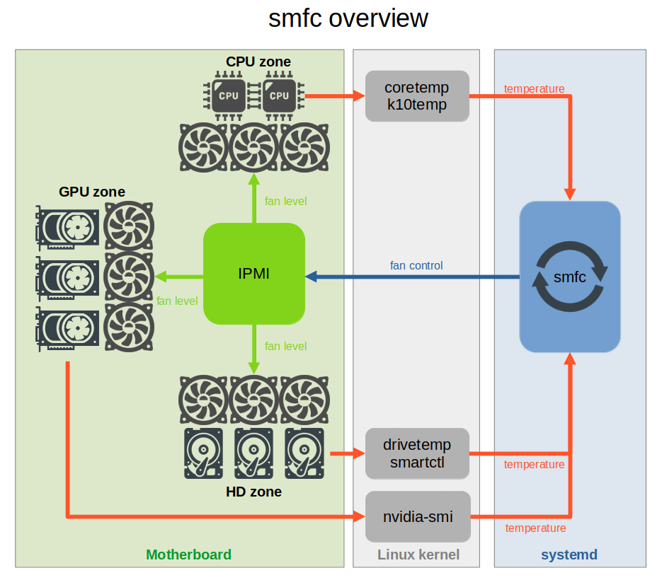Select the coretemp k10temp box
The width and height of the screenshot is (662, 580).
417,96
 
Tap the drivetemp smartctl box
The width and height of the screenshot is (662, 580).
417,453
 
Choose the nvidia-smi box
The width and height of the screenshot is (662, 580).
417,516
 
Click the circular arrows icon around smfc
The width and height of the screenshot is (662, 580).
569,277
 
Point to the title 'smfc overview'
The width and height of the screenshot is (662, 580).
348,18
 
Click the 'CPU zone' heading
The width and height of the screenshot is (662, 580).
258,62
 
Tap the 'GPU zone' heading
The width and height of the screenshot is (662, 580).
92,192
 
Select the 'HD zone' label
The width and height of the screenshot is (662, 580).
253,492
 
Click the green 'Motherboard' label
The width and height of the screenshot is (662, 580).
188,555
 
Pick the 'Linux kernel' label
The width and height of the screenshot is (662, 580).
418,555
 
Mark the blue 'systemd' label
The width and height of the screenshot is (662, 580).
569,555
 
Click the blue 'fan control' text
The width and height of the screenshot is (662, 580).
416,265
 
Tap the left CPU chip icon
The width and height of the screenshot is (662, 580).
228,95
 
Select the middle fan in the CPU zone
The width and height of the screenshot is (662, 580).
253,149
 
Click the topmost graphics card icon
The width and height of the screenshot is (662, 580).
67,227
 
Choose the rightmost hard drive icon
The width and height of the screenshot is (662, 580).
304,453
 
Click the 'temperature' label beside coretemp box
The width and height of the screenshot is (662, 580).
534,89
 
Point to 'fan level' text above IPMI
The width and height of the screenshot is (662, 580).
285,201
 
